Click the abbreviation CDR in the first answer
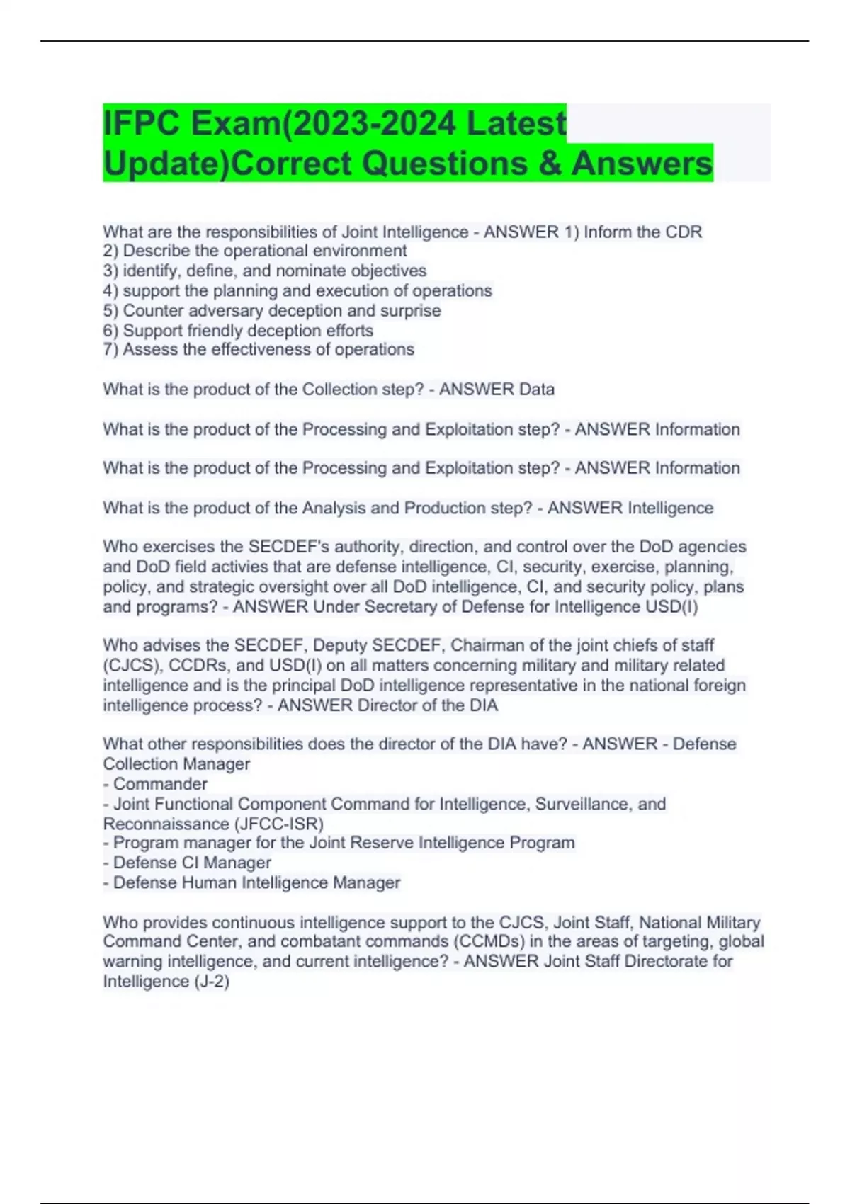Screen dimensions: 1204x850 click(685, 232)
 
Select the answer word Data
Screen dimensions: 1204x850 click(536, 390)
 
